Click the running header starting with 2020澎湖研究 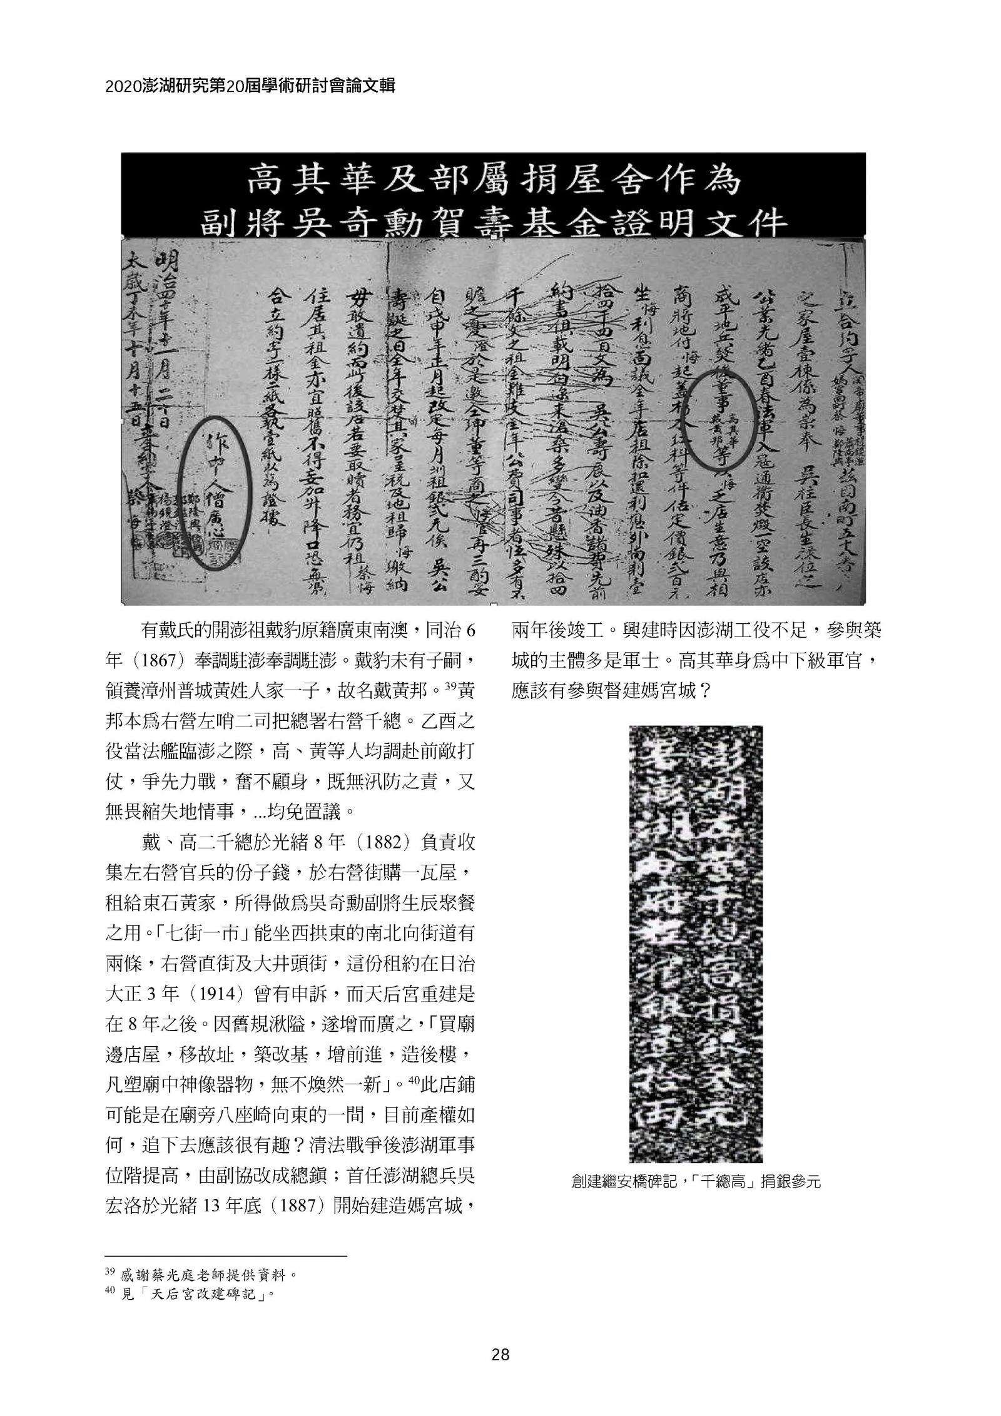[250, 88]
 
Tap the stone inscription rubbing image [695, 943]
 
